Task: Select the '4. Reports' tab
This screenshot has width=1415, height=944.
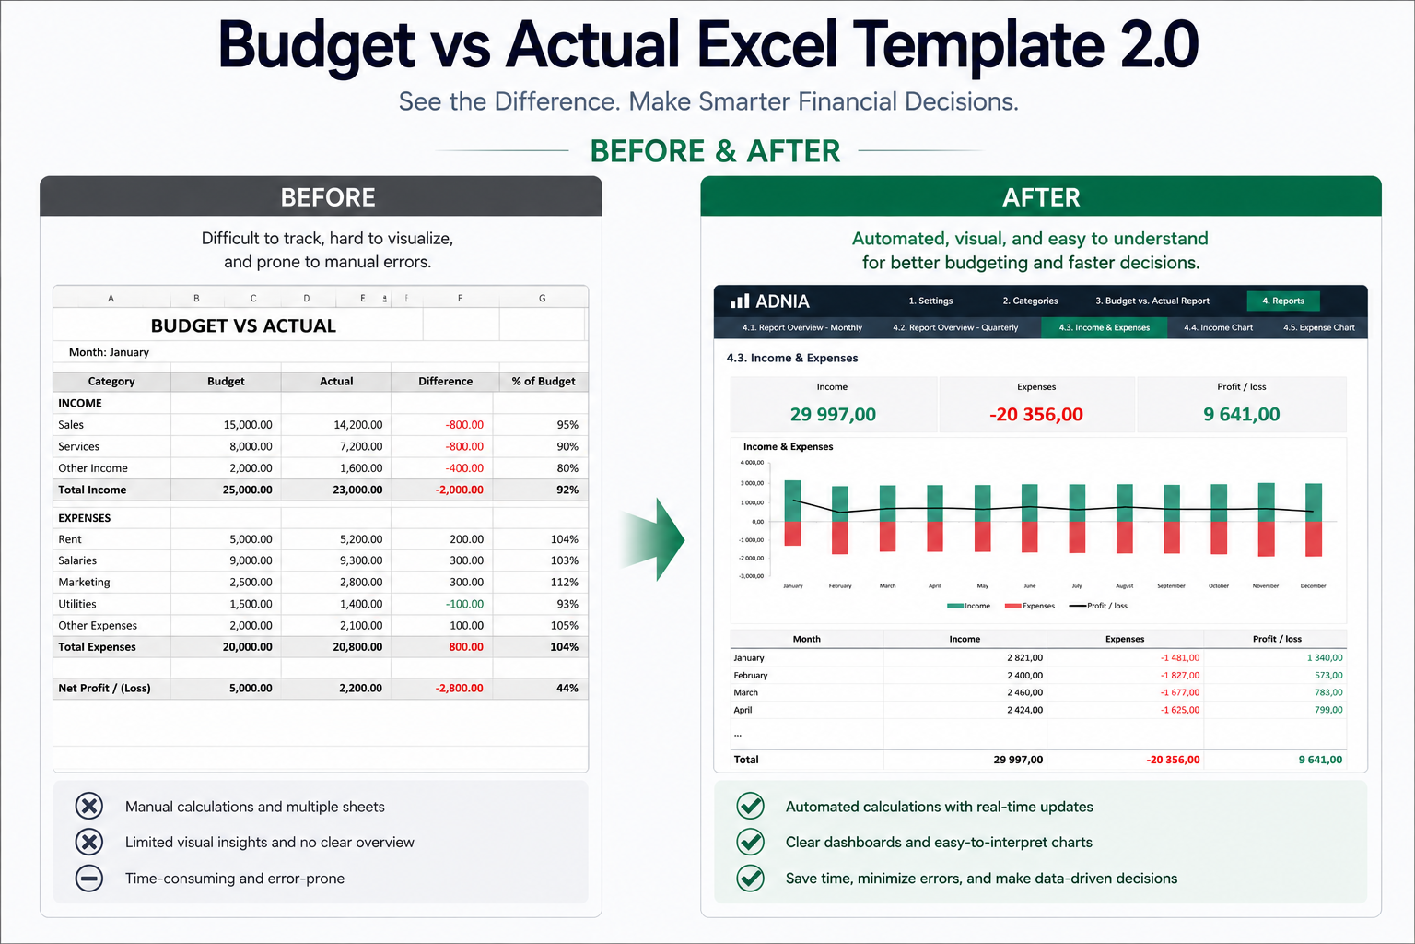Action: (1283, 301)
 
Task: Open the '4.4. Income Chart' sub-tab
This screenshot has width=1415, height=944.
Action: (1218, 327)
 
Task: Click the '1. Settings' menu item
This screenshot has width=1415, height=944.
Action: (930, 301)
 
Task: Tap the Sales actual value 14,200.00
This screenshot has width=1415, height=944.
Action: (357, 424)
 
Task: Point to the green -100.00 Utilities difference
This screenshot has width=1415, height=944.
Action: (464, 604)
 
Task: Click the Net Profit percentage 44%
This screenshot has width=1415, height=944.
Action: (567, 688)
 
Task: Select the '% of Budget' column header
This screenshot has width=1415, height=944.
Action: (544, 382)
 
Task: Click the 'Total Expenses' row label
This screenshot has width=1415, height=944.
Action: (97, 647)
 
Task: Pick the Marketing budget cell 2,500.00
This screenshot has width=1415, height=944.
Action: (251, 583)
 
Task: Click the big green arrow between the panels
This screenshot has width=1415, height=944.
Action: (653, 539)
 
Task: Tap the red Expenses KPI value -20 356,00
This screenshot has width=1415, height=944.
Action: (1036, 414)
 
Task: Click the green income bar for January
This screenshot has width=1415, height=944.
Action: (793, 501)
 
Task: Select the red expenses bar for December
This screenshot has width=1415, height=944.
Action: (1314, 538)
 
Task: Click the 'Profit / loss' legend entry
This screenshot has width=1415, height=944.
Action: (1098, 606)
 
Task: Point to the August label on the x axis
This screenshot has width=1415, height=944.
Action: (1125, 586)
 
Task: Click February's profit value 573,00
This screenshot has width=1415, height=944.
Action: (1328, 676)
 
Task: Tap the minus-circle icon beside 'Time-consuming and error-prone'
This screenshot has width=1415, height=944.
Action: (89, 879)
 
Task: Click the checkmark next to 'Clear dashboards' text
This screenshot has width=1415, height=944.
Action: (751, 842)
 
